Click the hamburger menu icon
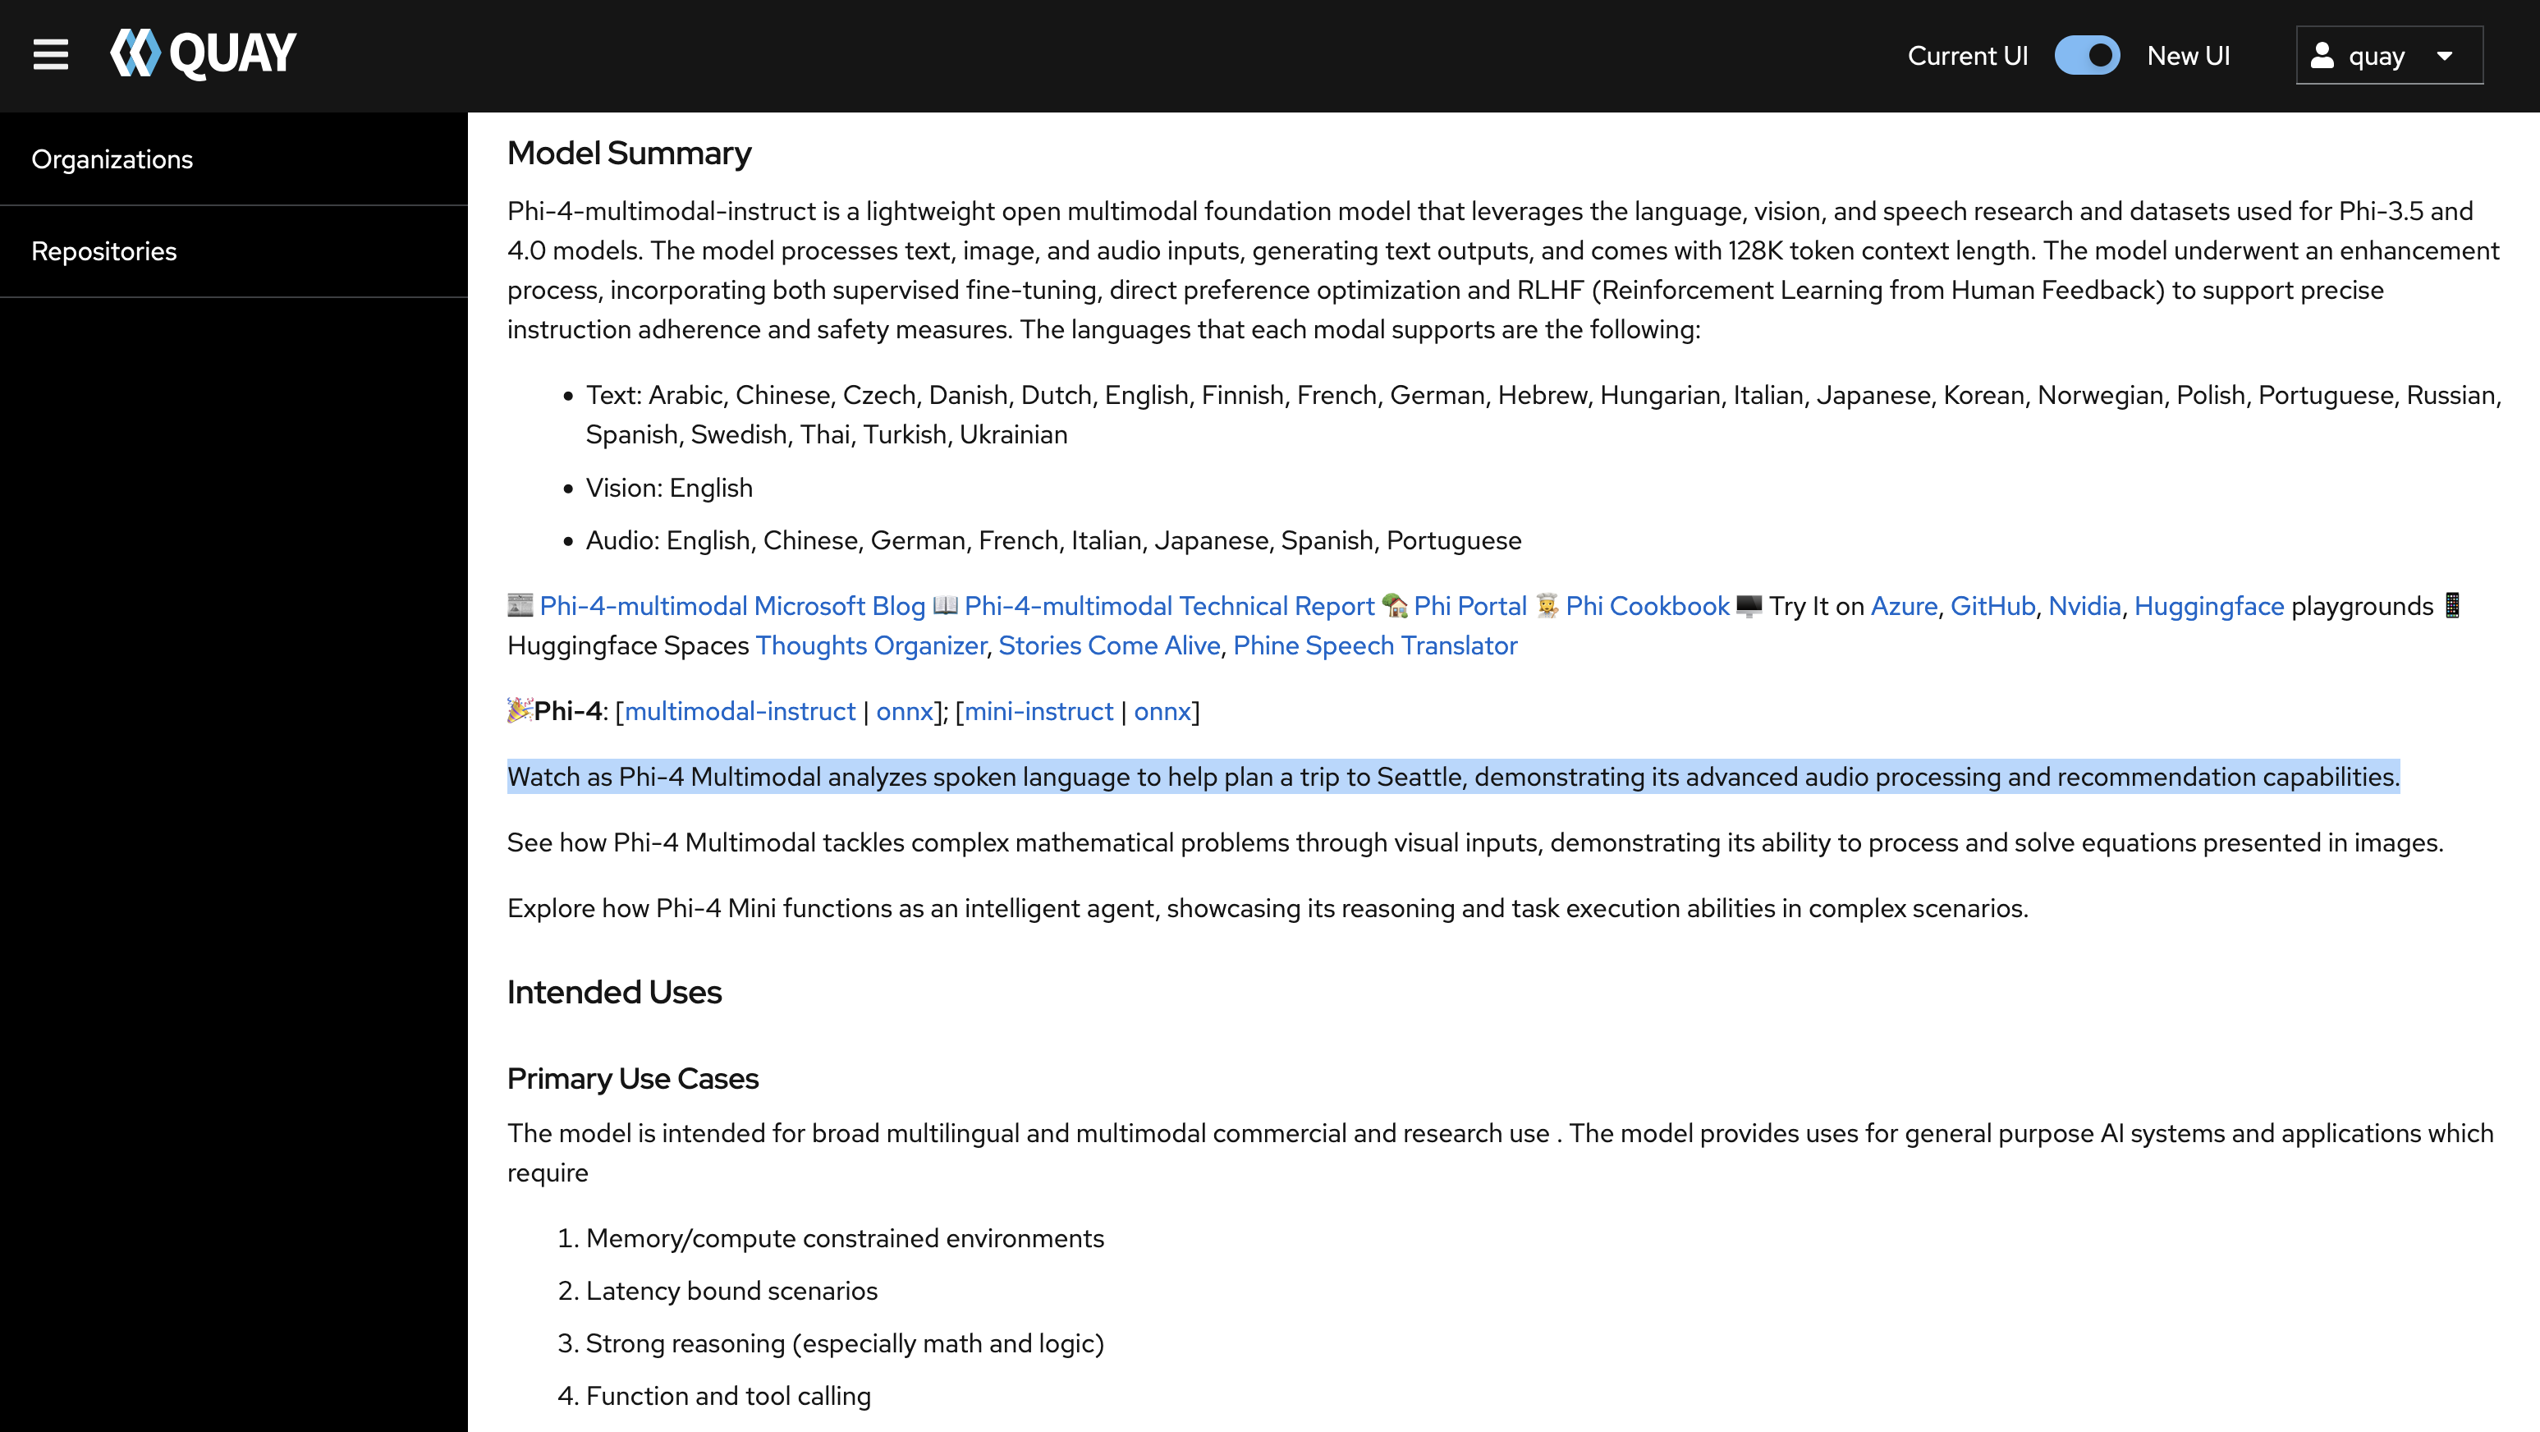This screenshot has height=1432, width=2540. (x=50, y=55)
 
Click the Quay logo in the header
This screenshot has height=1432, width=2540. (x=203, y=53)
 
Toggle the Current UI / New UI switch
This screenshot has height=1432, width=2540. (x=2087, y=55)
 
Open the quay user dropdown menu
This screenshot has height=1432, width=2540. (x=2388, y=55)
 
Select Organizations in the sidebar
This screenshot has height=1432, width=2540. (x=112, y=160)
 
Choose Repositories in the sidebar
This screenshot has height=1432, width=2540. (x=104, y=251)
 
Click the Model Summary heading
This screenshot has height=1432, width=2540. (x=629, y=154)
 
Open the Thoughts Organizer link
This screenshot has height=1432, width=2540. (x=869, y=645)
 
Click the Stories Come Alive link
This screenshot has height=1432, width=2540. (x=1108, y=645)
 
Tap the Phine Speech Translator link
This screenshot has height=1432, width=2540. (x=1374, y=645)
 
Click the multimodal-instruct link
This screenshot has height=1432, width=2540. (x=740, y=711)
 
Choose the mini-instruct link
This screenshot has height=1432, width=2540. (x=1038, y=711)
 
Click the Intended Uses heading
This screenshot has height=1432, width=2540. (x=613, y=992)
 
